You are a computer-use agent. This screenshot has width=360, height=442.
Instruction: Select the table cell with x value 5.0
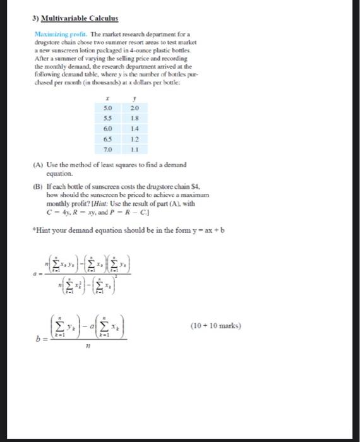click(109, 109)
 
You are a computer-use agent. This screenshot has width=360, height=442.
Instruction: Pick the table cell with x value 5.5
click(109, 118)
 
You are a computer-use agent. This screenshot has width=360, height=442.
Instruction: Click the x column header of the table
click(109, 99)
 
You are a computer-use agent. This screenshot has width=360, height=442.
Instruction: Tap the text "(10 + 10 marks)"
click(216, 326)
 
